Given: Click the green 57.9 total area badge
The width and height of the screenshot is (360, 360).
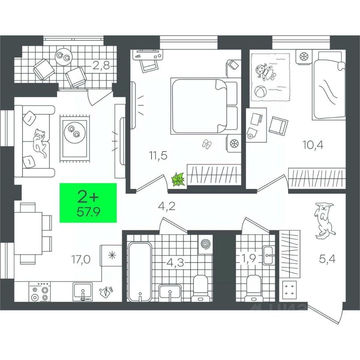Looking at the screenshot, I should click(x=88, y=202).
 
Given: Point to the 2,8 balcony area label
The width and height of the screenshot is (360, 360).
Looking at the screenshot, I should click(x=101, y=67).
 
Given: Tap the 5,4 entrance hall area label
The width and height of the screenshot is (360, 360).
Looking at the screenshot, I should click(x=327, y=258).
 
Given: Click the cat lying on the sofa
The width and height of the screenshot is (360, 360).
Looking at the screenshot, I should click(x=40, y=141).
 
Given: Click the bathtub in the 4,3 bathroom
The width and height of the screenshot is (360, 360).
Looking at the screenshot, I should click(x=139, y=271).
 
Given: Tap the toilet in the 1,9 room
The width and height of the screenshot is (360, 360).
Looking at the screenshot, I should click(x=253, y=288).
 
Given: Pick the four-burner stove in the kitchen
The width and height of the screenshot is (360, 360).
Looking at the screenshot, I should click(x=40, y=292).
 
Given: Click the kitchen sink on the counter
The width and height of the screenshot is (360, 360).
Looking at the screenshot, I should click(x=82, y=292).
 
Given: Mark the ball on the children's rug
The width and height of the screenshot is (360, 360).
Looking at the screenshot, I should click(x=260, y=91).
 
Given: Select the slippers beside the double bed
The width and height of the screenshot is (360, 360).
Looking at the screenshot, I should click(x=207, y=144).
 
